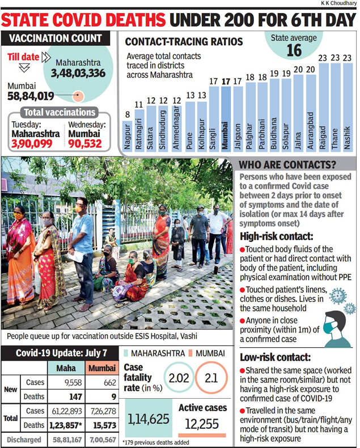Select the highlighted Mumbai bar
click(x=225, y=119)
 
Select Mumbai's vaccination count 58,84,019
click(x=31, y=96)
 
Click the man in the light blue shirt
click(x=82, y=249)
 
